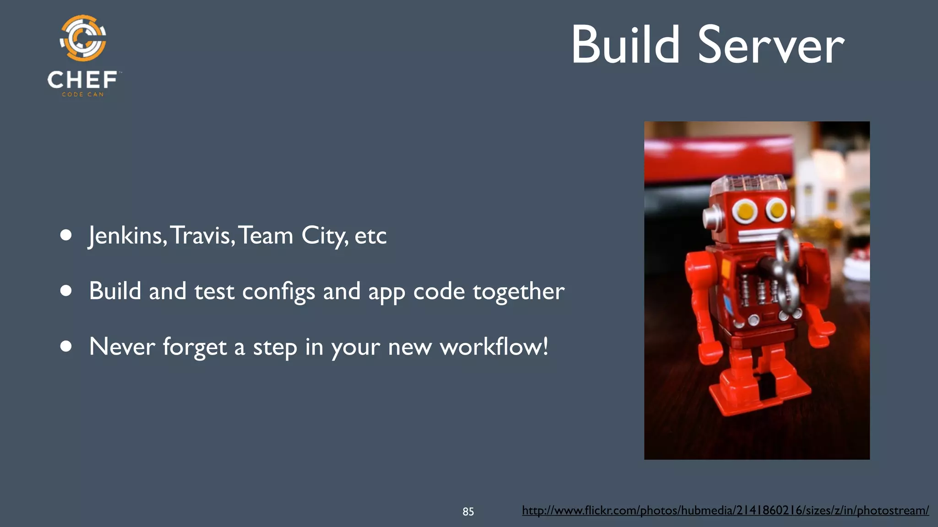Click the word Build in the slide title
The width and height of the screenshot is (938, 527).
tap(625, 45)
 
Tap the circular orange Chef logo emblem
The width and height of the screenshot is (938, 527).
tap(83, 38)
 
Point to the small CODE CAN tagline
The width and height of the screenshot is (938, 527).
tap(83, 94)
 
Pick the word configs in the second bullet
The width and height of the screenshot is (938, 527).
tap(278, 292)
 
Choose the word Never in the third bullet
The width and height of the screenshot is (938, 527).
tap(122, 346)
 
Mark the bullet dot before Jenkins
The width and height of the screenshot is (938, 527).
tap(66, 235)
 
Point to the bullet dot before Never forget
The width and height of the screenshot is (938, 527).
tap(66, 346)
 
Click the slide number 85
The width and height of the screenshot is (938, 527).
tap(468, 511)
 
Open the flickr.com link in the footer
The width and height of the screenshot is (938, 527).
tap(725, 511)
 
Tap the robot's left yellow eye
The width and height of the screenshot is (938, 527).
tap(746, 211)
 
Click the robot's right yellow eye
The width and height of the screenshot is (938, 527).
tap(777, 210)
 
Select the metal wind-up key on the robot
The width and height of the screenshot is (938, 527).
tap(786, 274)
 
